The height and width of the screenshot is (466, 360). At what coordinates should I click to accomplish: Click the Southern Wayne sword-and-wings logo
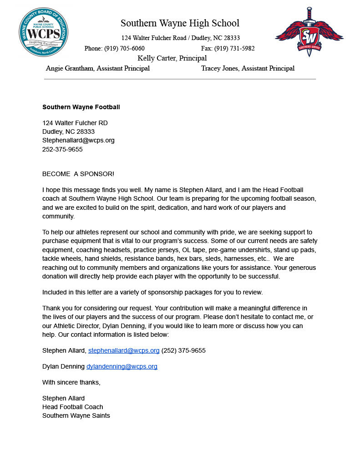click(x=309, y=32)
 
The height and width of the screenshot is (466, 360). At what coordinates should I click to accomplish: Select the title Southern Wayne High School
click(x=180, y=23)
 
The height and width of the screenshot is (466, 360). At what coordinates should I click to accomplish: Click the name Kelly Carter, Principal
click(x=172, y=58)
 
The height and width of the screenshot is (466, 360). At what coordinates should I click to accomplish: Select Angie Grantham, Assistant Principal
click(x=98, y=69)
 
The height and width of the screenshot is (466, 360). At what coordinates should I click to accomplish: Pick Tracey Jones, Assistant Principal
click(x=248, y=69)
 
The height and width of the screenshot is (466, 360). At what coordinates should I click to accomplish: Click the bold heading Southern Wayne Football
click(x=81, y=107)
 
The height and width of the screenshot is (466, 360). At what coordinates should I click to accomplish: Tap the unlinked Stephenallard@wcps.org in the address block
click(x=78, y=140)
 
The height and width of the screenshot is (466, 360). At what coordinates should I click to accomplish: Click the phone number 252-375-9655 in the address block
click(x=62, y=149)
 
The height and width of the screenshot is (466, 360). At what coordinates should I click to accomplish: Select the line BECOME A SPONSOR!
click(x=78, y=174)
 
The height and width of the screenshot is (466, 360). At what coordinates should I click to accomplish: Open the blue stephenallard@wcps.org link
click(x=124, y=350)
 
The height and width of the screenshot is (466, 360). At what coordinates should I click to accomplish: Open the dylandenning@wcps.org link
click(x=122, y=366)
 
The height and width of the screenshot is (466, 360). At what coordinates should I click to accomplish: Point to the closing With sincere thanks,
click(x=71, y=382)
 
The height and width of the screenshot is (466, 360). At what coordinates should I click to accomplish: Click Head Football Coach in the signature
click(x=73, y=407)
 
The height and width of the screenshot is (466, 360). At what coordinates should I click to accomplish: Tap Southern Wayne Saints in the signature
click(x=76, y=415)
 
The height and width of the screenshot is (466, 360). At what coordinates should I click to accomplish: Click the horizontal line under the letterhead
click(x=180, y=79)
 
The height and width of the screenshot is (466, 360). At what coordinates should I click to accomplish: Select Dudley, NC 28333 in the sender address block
click(x=68, y=132)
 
